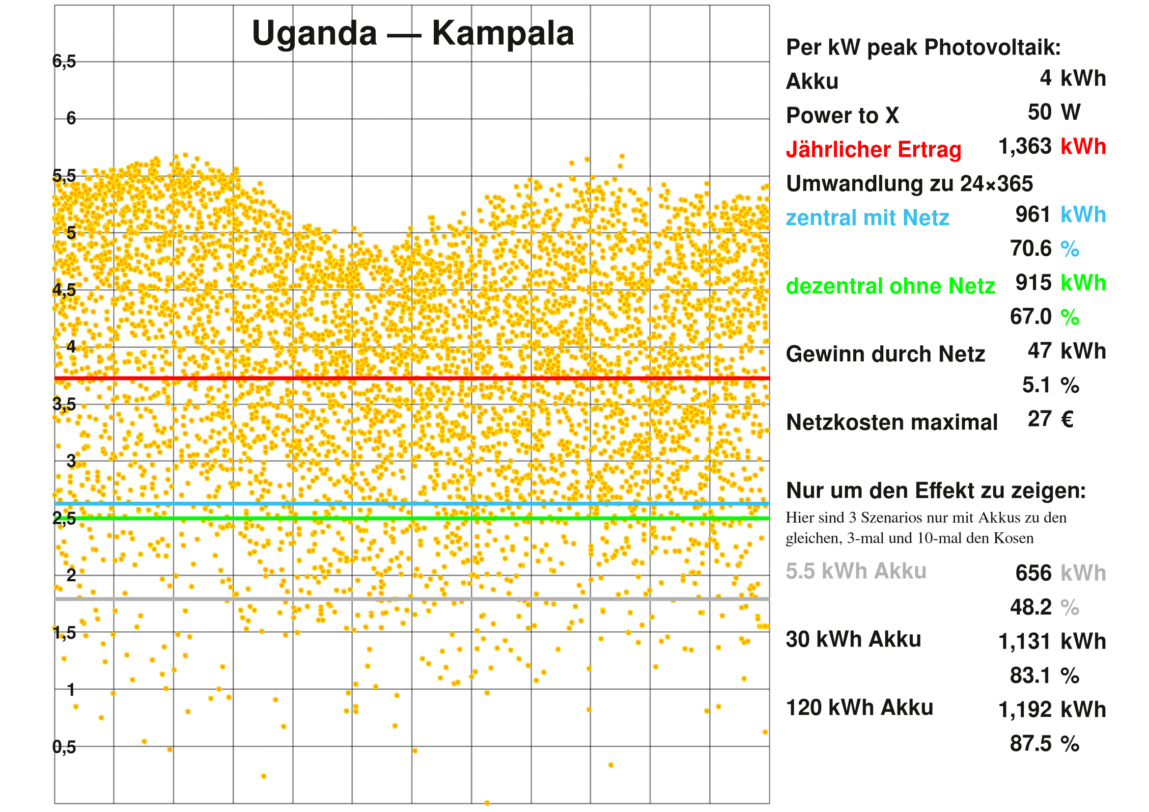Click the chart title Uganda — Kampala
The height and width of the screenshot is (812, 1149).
click(413, 33)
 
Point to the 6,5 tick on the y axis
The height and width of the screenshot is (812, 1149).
click(64, 61)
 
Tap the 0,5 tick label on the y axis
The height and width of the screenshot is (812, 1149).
click(64, 747)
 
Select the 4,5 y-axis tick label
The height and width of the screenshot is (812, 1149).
click(64, 290)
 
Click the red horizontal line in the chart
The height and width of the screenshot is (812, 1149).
click(410, 378)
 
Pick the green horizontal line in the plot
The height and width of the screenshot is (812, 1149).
click(410, 518)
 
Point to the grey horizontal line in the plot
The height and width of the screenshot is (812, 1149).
click(410, 598)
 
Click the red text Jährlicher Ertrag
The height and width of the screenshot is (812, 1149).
click(873, 150)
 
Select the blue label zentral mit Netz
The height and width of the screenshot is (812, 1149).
click(867, 218)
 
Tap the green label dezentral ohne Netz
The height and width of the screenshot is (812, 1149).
click(890, 286)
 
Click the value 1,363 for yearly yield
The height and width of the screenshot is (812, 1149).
click(1025, 146)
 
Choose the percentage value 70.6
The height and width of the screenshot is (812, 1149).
click(1031, 248)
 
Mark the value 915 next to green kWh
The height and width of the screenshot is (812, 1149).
click(1034, 283)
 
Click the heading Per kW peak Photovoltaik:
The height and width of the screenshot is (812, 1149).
click(924, 48)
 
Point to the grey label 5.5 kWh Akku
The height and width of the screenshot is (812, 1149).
click(856, 571)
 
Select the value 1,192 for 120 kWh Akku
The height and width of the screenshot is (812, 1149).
click(1025, 709)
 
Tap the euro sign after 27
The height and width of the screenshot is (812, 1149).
click(1067, 419)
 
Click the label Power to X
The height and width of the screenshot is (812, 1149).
click(842, 115)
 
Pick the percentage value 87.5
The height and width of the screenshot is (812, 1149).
click(1031, 743)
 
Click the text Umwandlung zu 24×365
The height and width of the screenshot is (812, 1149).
click(909, 184)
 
